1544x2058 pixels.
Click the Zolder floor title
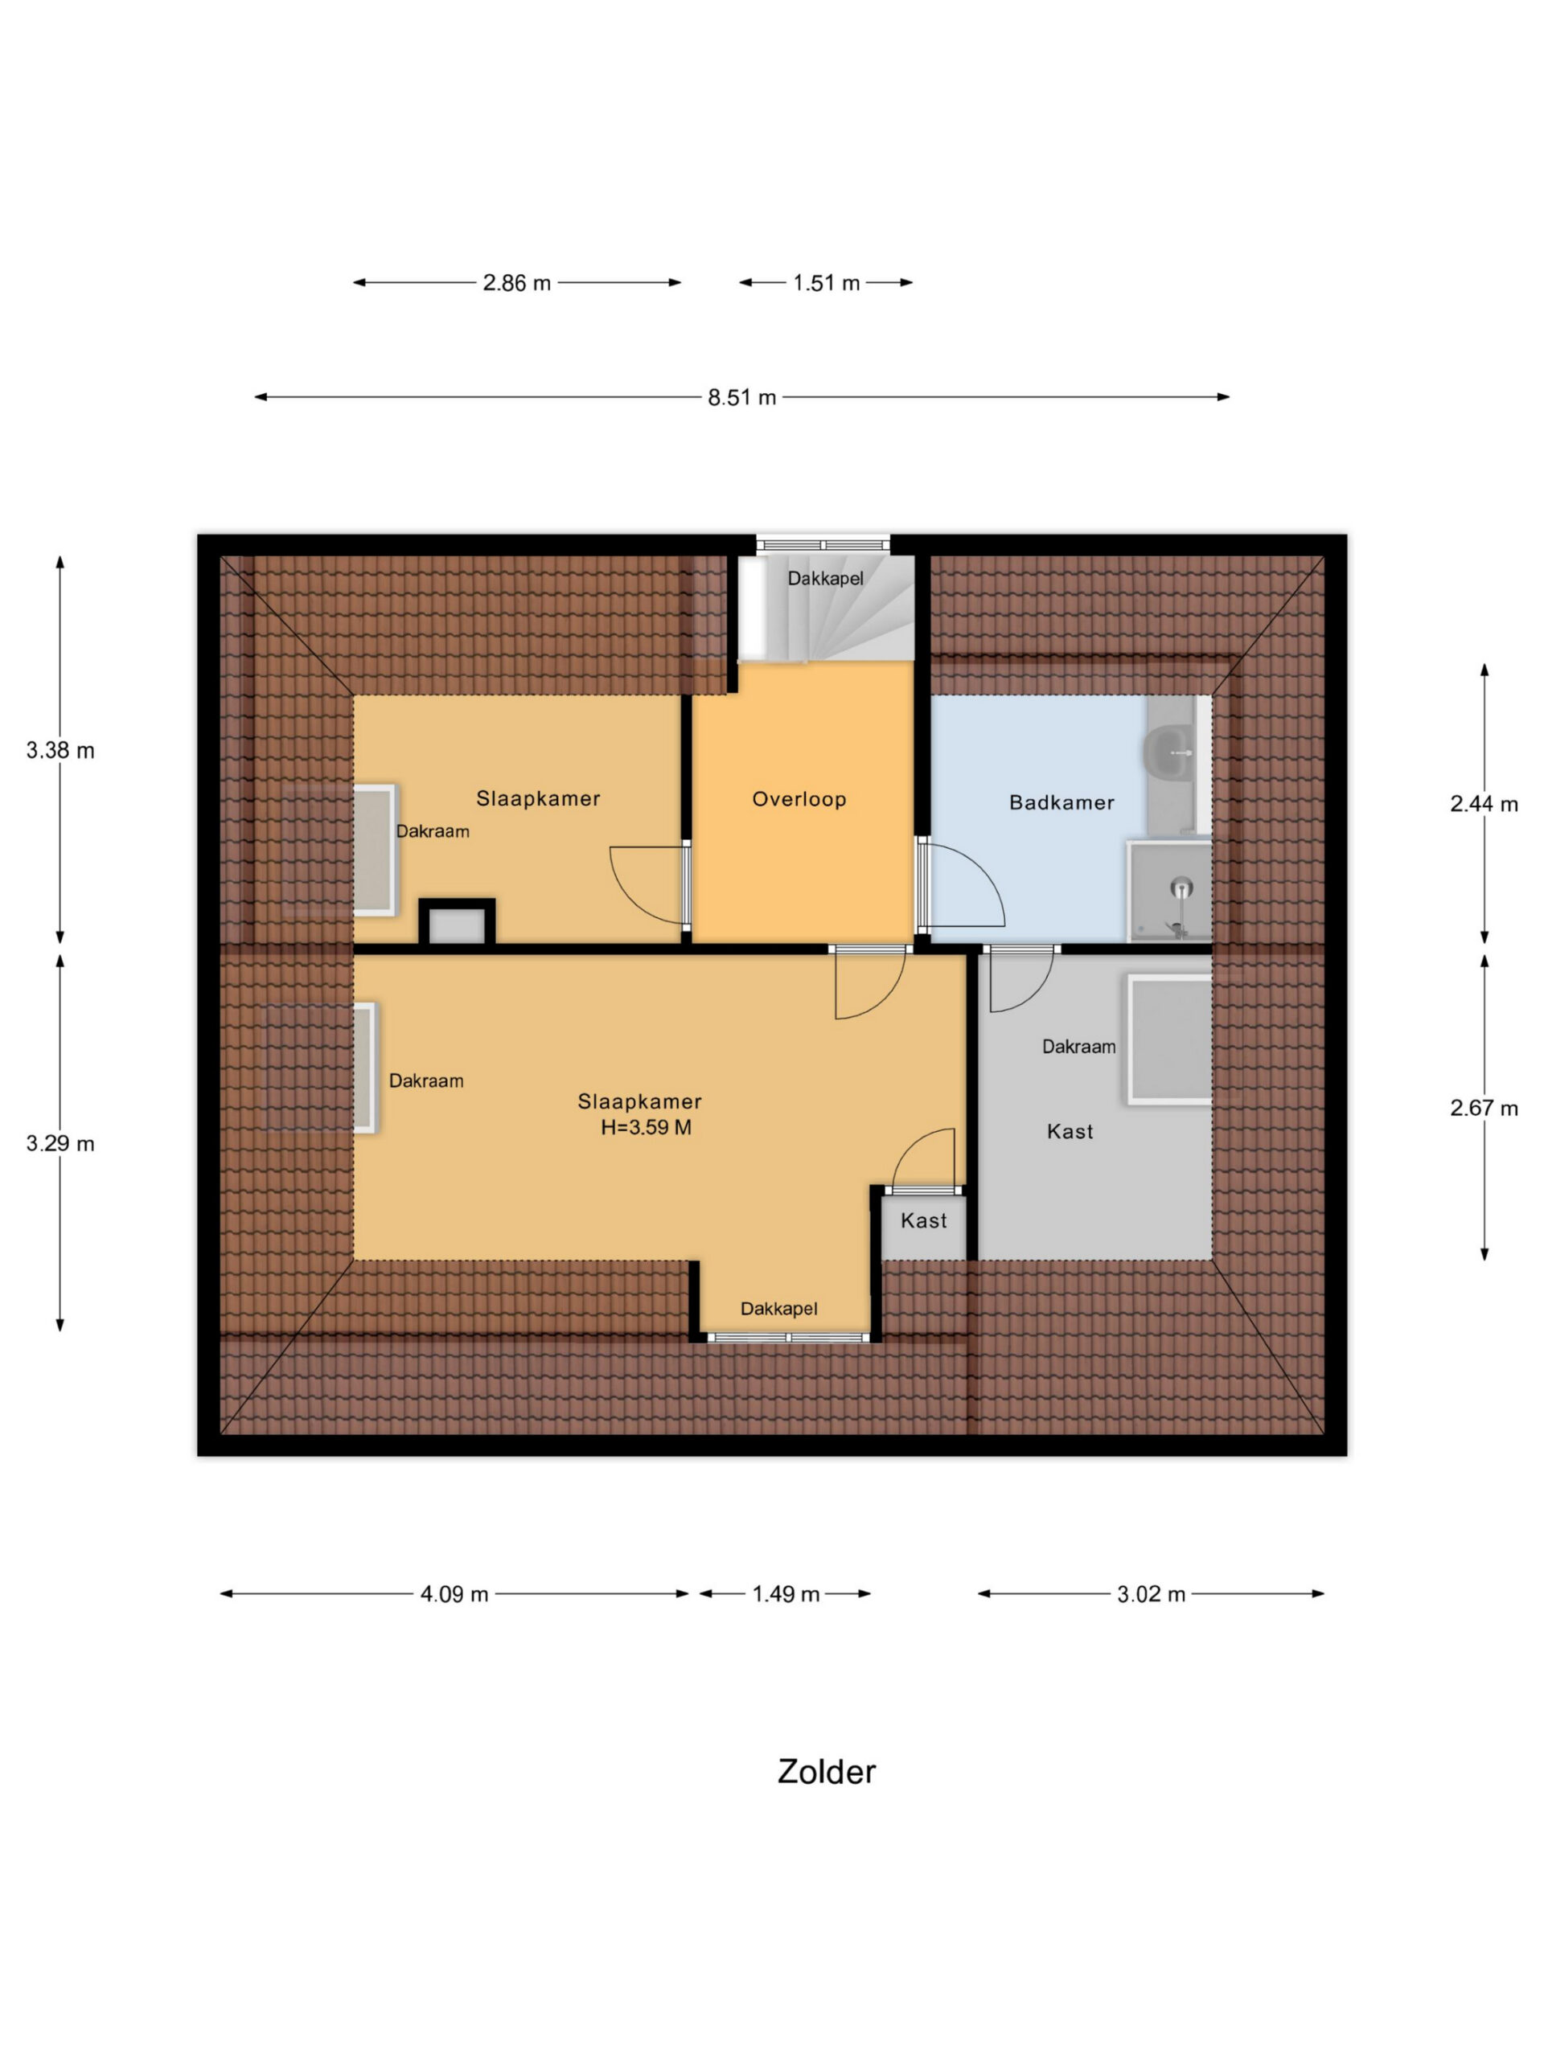click(x=827, y=1773)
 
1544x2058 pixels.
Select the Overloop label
click(x=799, y=799)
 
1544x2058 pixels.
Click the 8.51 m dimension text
click(x=741, y=397)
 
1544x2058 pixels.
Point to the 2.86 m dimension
click(x=516, y=283)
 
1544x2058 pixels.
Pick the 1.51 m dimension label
click(x=826, y=283)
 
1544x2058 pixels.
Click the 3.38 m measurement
click(x=60, y=750)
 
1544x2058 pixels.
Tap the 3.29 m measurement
click(x=60, y=1143)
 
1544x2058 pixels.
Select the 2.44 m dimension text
click(x=1484, y=804)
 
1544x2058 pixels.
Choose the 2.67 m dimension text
click(x=1484, y=1108)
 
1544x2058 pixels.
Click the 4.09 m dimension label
click(x=454, y=1593)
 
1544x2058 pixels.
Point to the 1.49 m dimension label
click(x=786, y=1593)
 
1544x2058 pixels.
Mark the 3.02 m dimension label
click(x=1152, y=1593)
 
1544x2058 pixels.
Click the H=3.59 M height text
click(x=646, y=1128)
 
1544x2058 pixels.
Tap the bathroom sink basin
click(x=1169, y=750)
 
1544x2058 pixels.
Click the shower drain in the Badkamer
click(x=1181, y=887)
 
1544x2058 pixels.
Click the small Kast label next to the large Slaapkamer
click(x=923, y=1220)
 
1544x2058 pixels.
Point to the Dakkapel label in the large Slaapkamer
click(x=779, y=1309)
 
